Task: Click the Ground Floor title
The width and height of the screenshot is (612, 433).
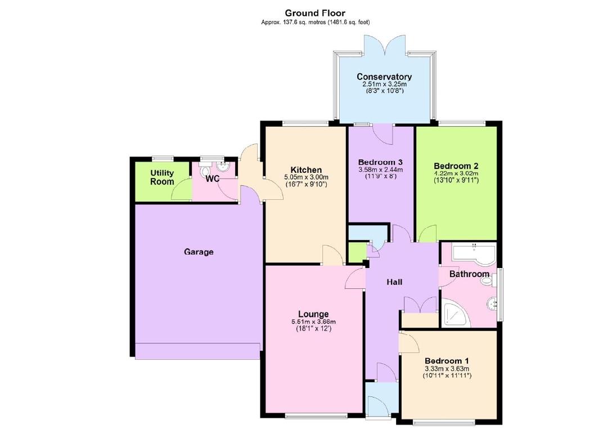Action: click(x=315, y=13)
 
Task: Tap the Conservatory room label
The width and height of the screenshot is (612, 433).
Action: click(x=384, y=77)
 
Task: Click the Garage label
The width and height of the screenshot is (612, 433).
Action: click(x=199, y=252)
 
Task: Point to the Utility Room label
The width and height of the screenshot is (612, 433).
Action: click(x=162, y=177)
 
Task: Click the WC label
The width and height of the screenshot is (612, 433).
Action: click(x=212, y=179)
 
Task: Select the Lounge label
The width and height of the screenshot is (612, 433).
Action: click(x=313, y=314)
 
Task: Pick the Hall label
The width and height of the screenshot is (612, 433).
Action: click(x=394, y=282)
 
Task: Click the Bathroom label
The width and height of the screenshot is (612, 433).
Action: click(x=469, y=274)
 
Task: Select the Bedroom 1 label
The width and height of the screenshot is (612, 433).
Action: click(x=447, y=361)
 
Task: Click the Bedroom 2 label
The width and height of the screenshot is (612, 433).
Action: click(x=456, y=166)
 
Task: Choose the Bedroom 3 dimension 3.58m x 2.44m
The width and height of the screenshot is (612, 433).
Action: click(x=381, y=169)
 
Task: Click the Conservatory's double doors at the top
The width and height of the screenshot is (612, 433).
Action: click(x=384, y=44)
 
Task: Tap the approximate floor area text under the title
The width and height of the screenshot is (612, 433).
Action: click(x=315, y=22)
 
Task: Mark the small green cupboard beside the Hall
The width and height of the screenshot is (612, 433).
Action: click(x=356, y=253)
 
